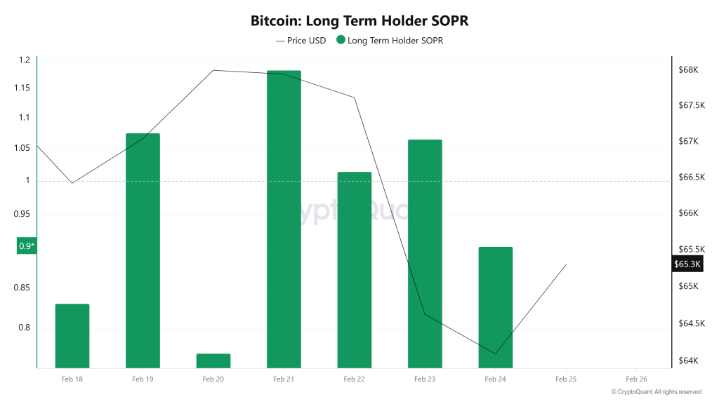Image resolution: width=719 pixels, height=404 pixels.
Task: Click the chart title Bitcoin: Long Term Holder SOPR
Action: coord(359,21)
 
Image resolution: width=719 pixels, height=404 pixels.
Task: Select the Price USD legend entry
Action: coord(301,41)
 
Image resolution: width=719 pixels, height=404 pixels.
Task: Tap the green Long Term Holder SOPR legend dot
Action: coord(341,41)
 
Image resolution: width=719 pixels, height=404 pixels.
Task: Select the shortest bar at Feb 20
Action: coord(213,361)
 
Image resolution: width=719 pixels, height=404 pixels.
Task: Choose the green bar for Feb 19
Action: coord(143,250)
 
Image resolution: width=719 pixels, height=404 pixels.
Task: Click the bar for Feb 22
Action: coord(355,269)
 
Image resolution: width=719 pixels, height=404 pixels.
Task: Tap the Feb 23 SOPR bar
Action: coord(425,253)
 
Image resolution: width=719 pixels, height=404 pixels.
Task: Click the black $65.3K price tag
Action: coord(687,264)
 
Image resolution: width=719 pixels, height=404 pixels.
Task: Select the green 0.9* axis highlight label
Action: coord(27,246)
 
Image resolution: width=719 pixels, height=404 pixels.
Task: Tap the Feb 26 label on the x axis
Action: coord(636,379)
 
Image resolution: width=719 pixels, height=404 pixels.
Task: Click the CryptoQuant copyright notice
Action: coord(656,392)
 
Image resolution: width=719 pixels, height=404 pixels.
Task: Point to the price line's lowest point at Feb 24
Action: coord(496,353)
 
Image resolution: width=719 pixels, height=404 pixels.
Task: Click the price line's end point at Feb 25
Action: coord(566,265)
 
